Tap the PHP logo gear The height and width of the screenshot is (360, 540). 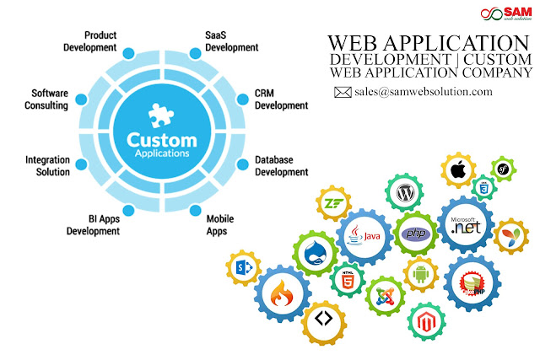[x=415, y=233]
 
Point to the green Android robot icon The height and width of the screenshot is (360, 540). [x=419, y=274]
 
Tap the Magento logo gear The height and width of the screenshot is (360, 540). [x=425, y=321]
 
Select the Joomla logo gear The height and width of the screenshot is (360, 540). [x=381, y=294]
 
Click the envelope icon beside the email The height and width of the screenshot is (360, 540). [x=343, y=93]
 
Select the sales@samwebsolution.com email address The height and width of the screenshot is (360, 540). [x=423, y=91]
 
